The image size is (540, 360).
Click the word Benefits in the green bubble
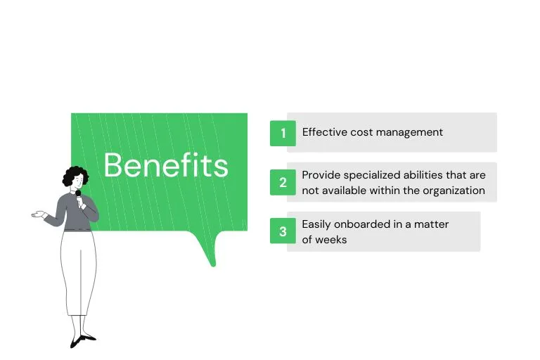166,166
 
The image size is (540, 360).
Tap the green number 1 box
283,133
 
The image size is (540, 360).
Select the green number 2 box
283,183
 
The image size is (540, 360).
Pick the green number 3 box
283,231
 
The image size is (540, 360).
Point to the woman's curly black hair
75,176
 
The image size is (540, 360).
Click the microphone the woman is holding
79,195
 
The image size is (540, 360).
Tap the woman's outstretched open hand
38,214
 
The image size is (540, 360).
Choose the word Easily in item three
316,224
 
